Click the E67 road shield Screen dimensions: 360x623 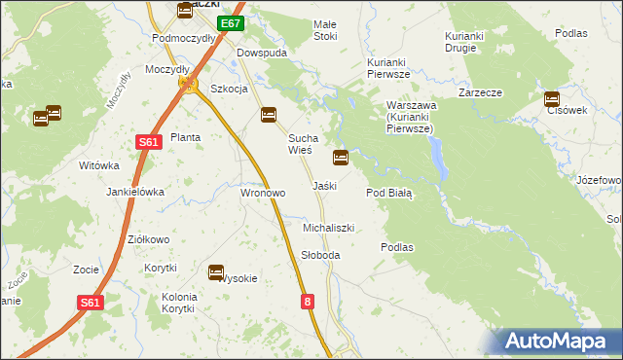click(230, 23)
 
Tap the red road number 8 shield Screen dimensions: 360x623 click(309, 303)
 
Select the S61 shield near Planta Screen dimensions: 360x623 click(147, 142)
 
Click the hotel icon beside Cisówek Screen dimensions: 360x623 click(552, 98)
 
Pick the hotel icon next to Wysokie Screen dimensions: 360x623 click(216, 272)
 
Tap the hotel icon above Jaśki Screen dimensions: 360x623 click(341, 157)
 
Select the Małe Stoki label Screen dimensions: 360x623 click(324, 30)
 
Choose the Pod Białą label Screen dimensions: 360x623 click(389, 193)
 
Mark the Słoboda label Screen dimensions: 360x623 click(320, 255)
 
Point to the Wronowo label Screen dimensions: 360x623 click(263, 193)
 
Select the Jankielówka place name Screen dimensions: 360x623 click(135, 192)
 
